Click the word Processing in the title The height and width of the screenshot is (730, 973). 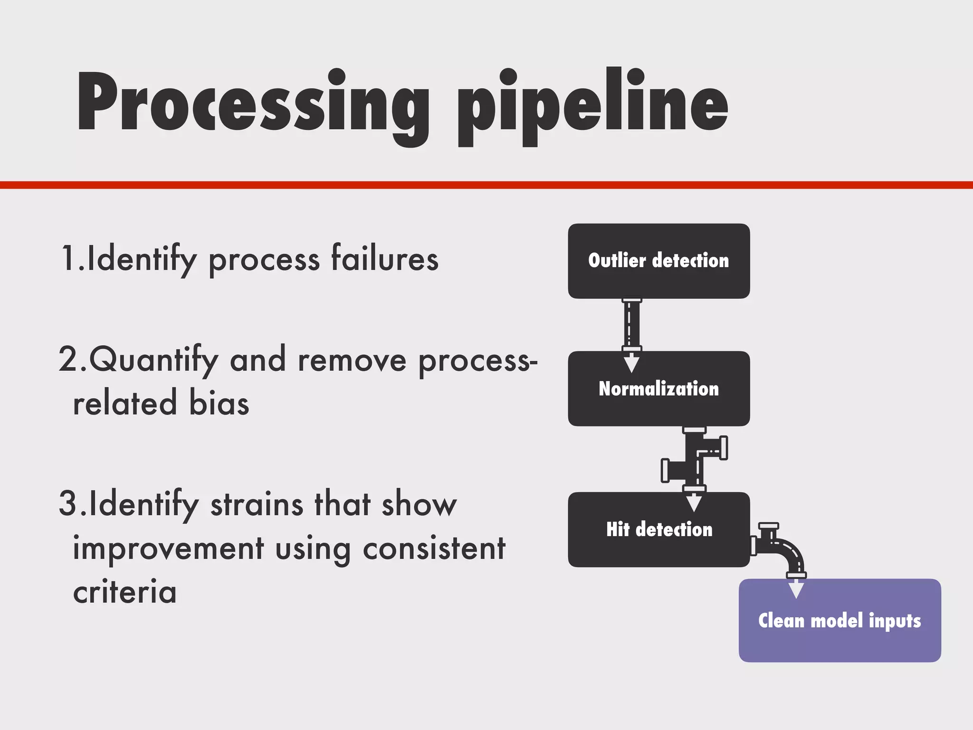pyautogui.click(x=252, y=102)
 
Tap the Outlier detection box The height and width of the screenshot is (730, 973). pyautogui.click(x=658, y=261)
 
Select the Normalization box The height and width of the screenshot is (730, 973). pyautogui.click(x=658, y=389)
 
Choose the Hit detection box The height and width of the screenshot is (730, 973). pyautogui.click(x=658, y=529)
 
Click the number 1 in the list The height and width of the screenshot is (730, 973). pyautogui.click(x=68, y=259)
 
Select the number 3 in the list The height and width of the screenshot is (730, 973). pyautogui.click(x=68, y=504)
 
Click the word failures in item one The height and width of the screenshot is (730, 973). pyautogui.click(x=384, y=259)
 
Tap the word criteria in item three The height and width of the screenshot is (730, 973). pyautogui.click(x=125, y=593)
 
